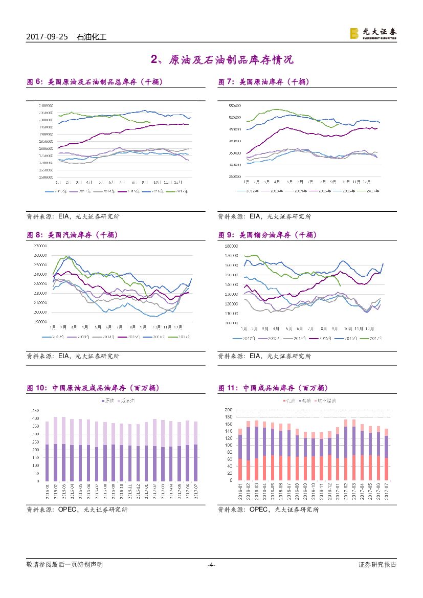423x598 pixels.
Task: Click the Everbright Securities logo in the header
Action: coord(373,33)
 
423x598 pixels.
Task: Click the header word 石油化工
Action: coord(91,37)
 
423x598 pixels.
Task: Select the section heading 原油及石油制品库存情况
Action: coord(230,60)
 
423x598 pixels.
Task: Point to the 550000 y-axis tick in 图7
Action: coord(235,105)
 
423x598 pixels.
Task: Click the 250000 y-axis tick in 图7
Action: coord(235,176)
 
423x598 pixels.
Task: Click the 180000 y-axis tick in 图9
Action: coord(232,246)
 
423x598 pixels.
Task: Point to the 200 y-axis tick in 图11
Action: coord(228,410)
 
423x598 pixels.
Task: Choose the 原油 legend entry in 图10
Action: coord(107,401)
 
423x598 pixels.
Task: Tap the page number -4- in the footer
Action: coord(211,565)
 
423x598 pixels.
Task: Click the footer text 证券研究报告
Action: coord(377,565)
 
